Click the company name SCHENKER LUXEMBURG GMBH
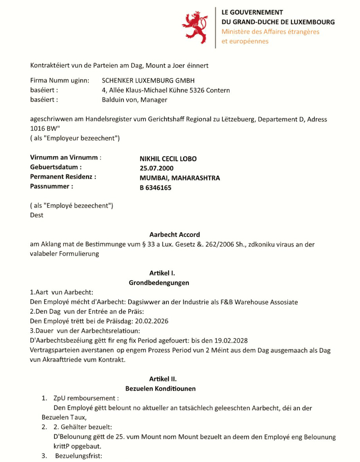click(148, 81)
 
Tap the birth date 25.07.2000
click(157, 168)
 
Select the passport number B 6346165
click(155, 188)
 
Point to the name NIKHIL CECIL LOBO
click(168, 159)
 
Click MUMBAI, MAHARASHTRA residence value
click(180, 178)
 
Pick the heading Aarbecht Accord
click(175, 235)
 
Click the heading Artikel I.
click(159, 273)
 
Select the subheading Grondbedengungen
click(159, 283)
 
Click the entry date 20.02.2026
click(153, 321)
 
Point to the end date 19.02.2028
click(231, 340)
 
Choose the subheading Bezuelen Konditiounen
click(160, 389)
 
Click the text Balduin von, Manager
click(134, 100)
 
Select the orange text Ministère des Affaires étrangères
click(270, 32)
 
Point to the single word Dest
click(37, 215)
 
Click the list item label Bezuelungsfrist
click(78, 456)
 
